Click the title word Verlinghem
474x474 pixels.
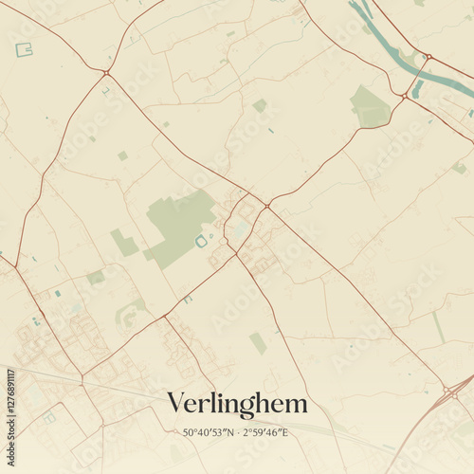tap(237, 404)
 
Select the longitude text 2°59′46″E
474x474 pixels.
tap(266, 433)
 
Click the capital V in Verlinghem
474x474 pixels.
tap(176, 404)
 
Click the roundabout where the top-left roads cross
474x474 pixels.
tap(106, 72)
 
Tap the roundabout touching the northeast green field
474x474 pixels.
tap(405, 96)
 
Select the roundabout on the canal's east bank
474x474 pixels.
tap(428, 57)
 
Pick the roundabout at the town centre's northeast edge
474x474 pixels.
tap(267, 206)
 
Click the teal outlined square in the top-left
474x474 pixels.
tap(24, 49)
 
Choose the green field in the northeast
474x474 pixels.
tap(369, 106)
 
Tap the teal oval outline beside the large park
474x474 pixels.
tap(201, 242)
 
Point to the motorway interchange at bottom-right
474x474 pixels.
tap(447, 391)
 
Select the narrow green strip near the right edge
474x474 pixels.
tap(439, 327)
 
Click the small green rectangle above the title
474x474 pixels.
tap(258, 342)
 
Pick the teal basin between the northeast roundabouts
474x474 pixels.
tap(417, 87)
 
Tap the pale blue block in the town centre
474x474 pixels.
tap(242, 228)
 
